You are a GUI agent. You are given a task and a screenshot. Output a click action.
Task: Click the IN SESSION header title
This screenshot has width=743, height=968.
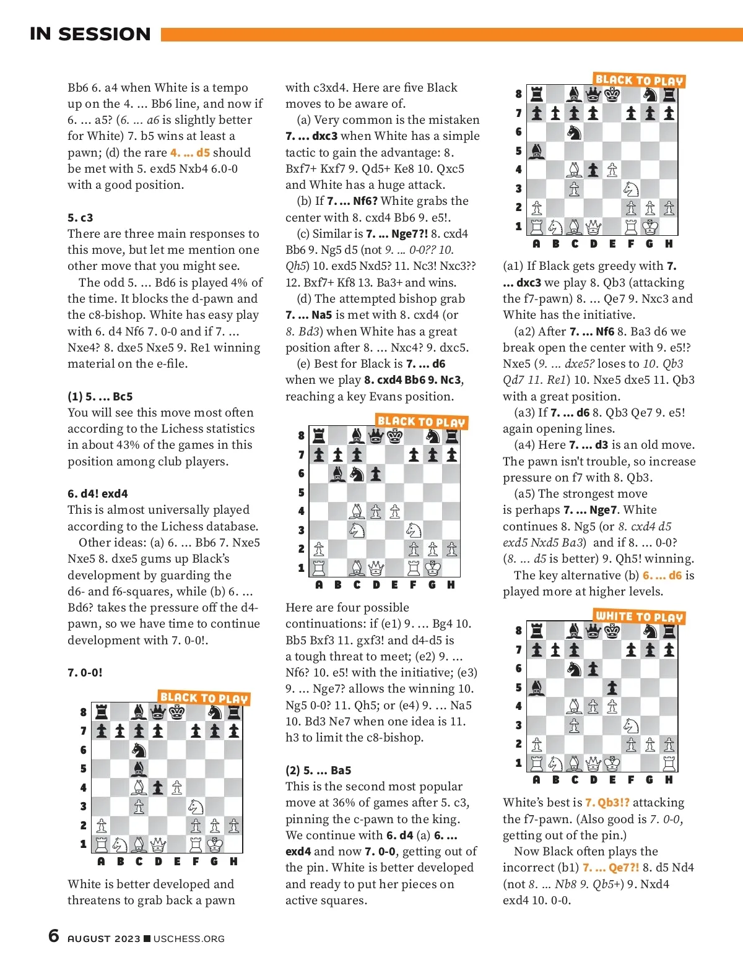90,34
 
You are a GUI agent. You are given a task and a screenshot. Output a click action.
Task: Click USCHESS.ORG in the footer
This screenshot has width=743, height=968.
189,939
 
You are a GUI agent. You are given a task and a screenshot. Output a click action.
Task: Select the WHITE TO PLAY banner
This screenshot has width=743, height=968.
638,616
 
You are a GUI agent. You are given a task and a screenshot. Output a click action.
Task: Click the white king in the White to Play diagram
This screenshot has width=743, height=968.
612,763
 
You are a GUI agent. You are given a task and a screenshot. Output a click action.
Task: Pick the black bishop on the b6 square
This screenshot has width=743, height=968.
338,474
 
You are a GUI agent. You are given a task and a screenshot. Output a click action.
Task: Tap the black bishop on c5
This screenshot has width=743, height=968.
139,769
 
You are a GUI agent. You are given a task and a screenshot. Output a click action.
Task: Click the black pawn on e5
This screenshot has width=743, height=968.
612,688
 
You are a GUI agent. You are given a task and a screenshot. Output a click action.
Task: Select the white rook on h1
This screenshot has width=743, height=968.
669,763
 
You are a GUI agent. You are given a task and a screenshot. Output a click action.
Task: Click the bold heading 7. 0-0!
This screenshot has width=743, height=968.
85,673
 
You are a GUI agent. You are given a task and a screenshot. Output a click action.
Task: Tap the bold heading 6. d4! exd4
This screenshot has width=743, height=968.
98,494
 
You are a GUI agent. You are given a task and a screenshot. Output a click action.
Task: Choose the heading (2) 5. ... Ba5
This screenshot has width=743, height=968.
318,771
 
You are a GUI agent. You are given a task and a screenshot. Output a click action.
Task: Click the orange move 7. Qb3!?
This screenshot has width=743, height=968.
607,803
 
